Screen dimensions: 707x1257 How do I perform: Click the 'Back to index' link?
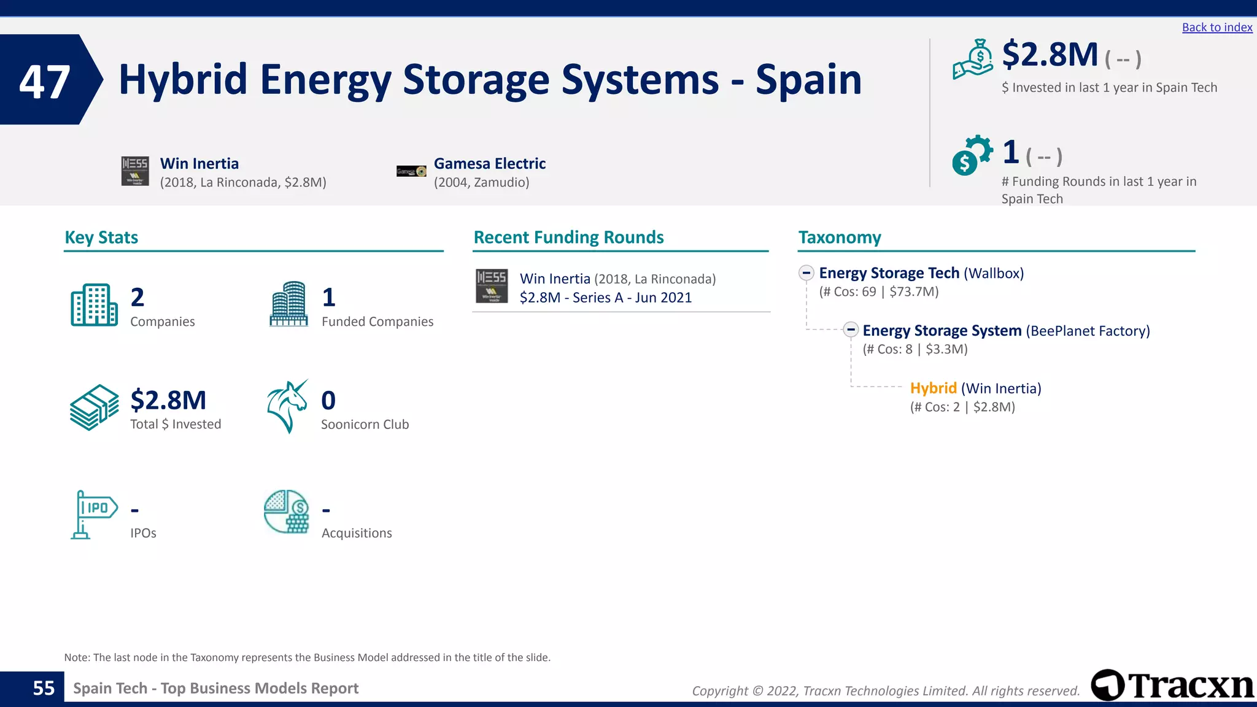1216,28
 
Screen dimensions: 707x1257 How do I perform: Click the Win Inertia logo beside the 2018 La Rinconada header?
135,171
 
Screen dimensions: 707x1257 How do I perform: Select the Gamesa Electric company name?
489,164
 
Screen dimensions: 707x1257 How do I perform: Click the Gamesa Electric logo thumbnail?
411,171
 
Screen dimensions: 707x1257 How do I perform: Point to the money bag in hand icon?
973,60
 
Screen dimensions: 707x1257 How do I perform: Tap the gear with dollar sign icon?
972,155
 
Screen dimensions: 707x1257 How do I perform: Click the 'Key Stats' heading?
101,238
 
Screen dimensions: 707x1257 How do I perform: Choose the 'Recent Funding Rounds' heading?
568,238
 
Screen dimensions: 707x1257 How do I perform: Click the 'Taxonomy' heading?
839,238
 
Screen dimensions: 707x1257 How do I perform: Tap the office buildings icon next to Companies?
94,305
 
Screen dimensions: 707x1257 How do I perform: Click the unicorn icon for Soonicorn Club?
287,406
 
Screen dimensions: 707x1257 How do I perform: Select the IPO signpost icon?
93,514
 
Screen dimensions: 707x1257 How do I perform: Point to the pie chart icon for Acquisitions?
287,511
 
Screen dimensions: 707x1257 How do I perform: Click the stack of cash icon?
94,408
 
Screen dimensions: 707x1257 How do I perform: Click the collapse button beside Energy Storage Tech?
806,273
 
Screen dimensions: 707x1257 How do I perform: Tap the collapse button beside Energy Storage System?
850,330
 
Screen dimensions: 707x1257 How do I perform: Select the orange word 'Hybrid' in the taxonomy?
933,388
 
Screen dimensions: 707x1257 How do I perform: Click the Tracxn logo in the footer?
1172,686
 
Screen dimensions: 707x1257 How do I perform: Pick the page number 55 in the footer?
44,689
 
